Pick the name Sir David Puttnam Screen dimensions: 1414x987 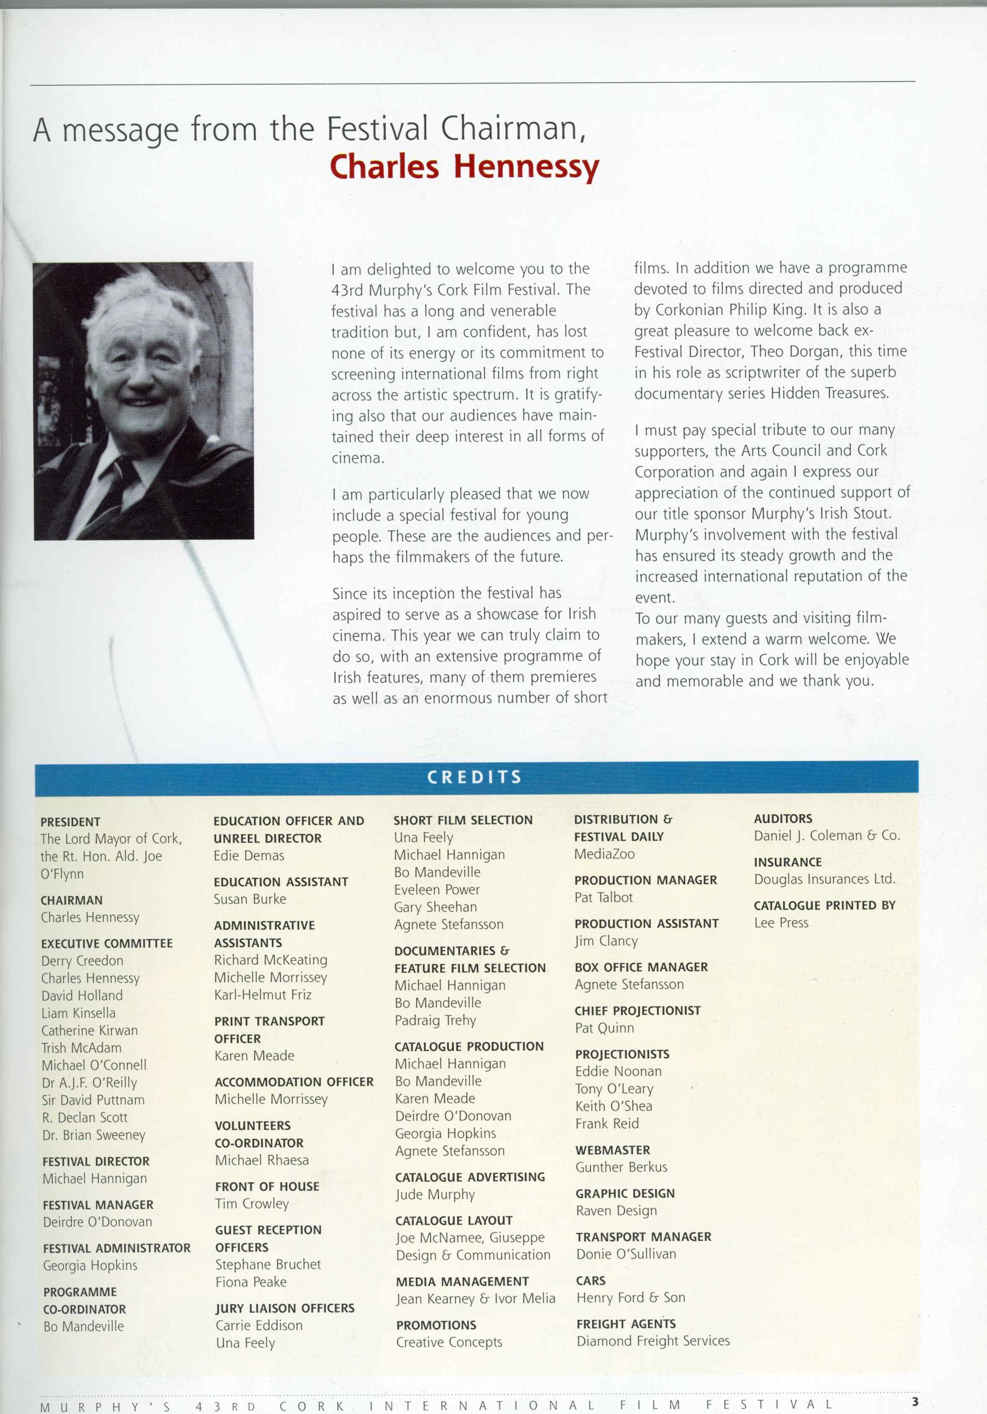93,1099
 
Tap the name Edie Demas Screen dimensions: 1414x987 249,855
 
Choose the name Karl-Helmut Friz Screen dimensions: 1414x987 263,995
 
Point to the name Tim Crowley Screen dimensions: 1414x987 252,1204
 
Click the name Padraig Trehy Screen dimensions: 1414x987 435,1021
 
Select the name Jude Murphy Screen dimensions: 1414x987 435,1194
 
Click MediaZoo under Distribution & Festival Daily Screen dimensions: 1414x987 604,854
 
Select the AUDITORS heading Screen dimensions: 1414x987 783,819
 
